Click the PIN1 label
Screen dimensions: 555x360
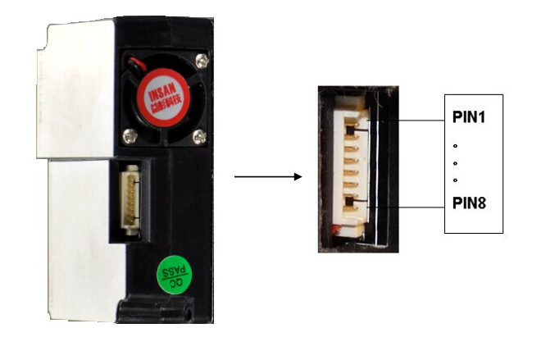click(x=469, y=117)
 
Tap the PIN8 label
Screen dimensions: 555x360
click(x=469, y=202)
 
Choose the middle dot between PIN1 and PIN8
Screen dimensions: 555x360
click(x=454, y=163)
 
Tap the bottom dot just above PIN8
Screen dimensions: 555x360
click(x=454, y=180)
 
